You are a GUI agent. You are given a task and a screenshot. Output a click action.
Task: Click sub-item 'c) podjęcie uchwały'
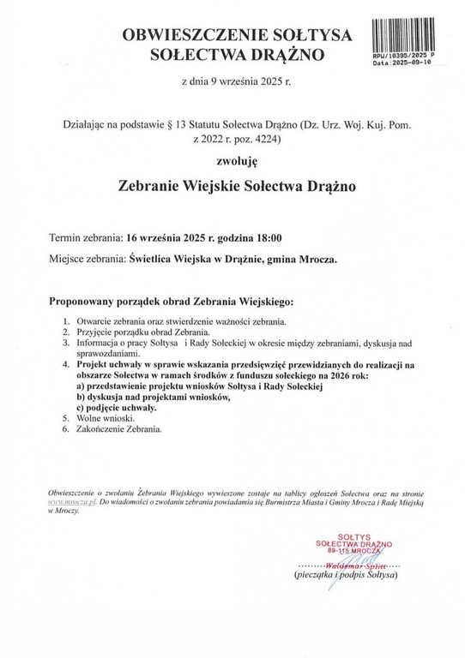118,407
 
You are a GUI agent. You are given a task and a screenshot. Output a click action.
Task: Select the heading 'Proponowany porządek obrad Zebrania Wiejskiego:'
172,302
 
